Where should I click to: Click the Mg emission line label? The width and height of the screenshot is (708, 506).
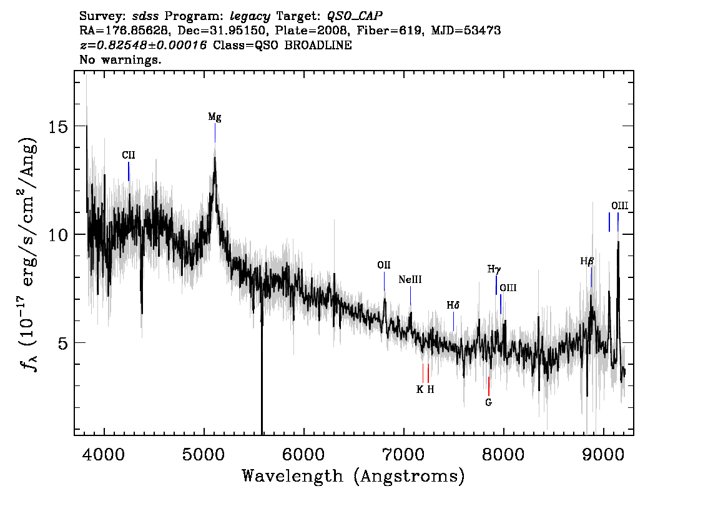tap(215, 117)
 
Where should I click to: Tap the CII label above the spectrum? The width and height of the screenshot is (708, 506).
tap(128, 155)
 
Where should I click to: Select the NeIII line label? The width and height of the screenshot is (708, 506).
tap(410, 280)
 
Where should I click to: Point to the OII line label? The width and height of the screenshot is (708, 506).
tap(384, 265)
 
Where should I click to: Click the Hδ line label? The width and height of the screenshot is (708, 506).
tap(453, 305)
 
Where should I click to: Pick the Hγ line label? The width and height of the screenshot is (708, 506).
tap(494, 270)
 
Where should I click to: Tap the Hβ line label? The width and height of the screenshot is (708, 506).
tap(587, 261)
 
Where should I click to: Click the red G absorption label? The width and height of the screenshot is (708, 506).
tap(488, 402)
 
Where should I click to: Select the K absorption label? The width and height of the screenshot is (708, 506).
tap(420, 389)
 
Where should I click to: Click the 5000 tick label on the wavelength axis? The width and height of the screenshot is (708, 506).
tap(204, 454)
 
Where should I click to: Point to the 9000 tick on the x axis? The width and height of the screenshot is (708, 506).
tap(602, 454)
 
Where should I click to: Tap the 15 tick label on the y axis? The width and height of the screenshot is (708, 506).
tap(58, 126)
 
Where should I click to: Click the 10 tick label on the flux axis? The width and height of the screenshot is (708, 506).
tap(58, 234)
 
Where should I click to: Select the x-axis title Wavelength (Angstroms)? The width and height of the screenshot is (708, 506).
tap(353, 476)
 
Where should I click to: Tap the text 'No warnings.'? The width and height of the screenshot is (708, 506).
tap(120, 59)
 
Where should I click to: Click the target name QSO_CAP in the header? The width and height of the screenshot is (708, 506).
tap(355, 16)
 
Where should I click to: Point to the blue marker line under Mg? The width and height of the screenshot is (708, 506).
tap(215, 133)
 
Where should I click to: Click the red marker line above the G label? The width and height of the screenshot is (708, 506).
tap(489, 387)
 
